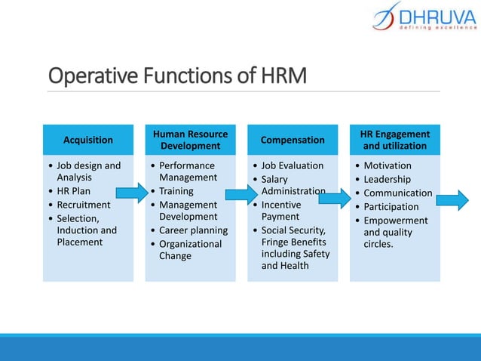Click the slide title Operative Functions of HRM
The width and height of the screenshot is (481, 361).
point(178,76)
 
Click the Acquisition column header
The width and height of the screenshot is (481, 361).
point(88,140)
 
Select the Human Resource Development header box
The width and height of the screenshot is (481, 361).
point(190,140)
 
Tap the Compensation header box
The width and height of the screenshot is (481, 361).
point(293,140)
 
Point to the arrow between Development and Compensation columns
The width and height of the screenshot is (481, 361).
point(241,195)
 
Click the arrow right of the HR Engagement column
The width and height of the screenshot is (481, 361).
point(452,200)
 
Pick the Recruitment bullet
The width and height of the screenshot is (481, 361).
point(83,205)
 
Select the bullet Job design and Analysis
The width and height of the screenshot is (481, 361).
point(88,171)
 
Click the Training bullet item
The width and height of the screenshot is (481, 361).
point(176,191)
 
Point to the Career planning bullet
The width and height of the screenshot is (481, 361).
point(193,230)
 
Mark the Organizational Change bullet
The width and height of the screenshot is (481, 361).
point(190,250)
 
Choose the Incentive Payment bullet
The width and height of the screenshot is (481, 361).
point(280,211)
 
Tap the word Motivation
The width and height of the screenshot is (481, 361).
point(388,165)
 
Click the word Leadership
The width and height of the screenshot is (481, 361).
point(387,179)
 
